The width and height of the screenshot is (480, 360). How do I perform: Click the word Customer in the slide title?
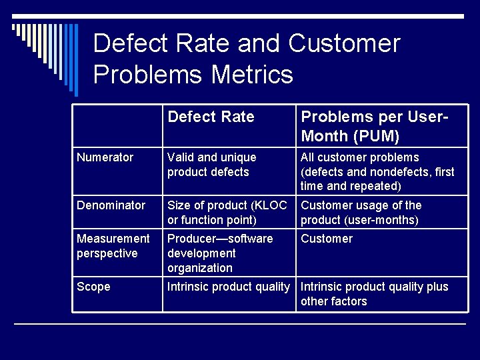point(344,44)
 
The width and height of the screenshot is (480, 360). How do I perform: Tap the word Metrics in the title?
point(253,74)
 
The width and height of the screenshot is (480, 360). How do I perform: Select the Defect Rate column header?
point(211,117)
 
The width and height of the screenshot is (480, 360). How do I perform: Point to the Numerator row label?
point(105,157)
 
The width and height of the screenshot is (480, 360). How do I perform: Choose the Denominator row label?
point(111,205)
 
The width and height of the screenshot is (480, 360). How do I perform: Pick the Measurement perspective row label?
point(113,246)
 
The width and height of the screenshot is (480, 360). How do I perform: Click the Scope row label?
point(93,287)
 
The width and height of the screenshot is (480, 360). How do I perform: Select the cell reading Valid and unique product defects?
point(211,165)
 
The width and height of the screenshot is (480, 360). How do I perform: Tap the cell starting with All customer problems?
point(377,171)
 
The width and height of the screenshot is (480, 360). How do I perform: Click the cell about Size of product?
point(227,213)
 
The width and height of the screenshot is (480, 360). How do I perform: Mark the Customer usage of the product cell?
point(361,213)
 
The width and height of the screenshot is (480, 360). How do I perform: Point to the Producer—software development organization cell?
point(219,253)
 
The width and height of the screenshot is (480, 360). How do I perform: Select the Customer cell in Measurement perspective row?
point(327,239)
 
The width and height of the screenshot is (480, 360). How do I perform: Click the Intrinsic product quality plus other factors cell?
point(374,294)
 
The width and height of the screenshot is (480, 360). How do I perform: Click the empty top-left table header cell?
point(117,126)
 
